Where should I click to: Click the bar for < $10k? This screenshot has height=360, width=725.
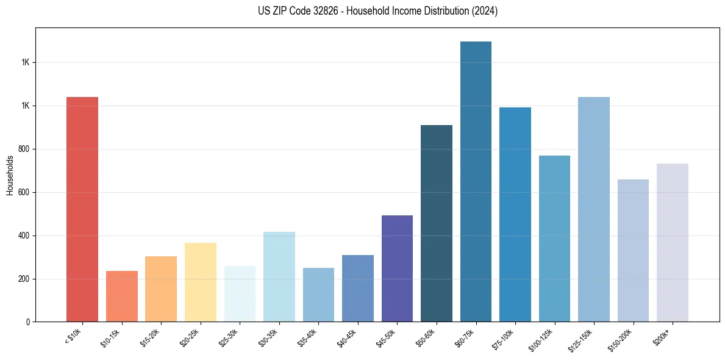point(82,209)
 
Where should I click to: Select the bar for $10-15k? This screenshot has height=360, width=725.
point(121,296)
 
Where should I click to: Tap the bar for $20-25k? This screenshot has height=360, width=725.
point(200,282)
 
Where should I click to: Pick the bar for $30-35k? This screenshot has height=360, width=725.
point(279,276)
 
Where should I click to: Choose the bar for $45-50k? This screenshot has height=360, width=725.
point(397,268)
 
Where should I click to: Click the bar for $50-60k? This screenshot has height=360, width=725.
point(437,223)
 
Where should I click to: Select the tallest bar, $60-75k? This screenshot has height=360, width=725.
point(476,181)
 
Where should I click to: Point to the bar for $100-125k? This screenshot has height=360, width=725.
point(554,239)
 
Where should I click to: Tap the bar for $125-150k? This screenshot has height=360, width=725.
point(594,209)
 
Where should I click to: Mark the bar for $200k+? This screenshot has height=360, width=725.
point(673,242)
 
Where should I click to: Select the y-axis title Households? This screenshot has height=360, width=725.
point(10,175)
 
